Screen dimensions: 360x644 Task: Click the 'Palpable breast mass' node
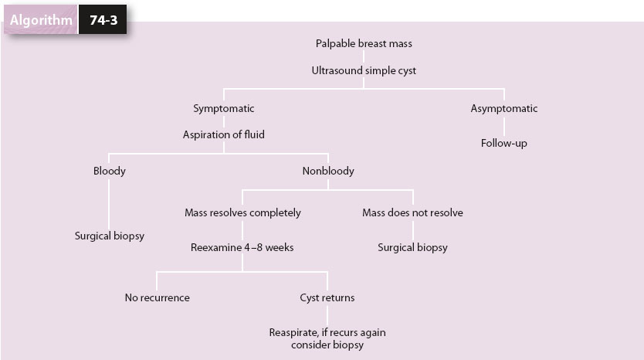364,44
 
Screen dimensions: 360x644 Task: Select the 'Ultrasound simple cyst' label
364,70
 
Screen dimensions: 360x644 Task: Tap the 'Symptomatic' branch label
224,109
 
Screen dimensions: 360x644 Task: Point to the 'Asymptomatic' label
504,109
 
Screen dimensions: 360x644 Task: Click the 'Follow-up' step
504,143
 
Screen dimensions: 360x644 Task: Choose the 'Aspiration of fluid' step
224,134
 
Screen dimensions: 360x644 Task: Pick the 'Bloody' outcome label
109,171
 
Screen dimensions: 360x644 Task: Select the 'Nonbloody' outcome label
328,171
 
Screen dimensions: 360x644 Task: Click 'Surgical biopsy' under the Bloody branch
109,236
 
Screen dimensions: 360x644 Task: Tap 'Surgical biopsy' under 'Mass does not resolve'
412,247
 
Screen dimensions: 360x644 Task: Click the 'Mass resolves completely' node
242,212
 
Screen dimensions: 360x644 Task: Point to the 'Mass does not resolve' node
412,212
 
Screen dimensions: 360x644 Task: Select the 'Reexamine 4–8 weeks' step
242,247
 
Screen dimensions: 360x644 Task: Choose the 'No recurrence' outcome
157,297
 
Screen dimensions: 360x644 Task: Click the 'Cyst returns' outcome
327,297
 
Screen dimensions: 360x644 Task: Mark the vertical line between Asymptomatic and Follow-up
504,126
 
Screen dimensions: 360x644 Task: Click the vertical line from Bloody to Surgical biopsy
109,202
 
